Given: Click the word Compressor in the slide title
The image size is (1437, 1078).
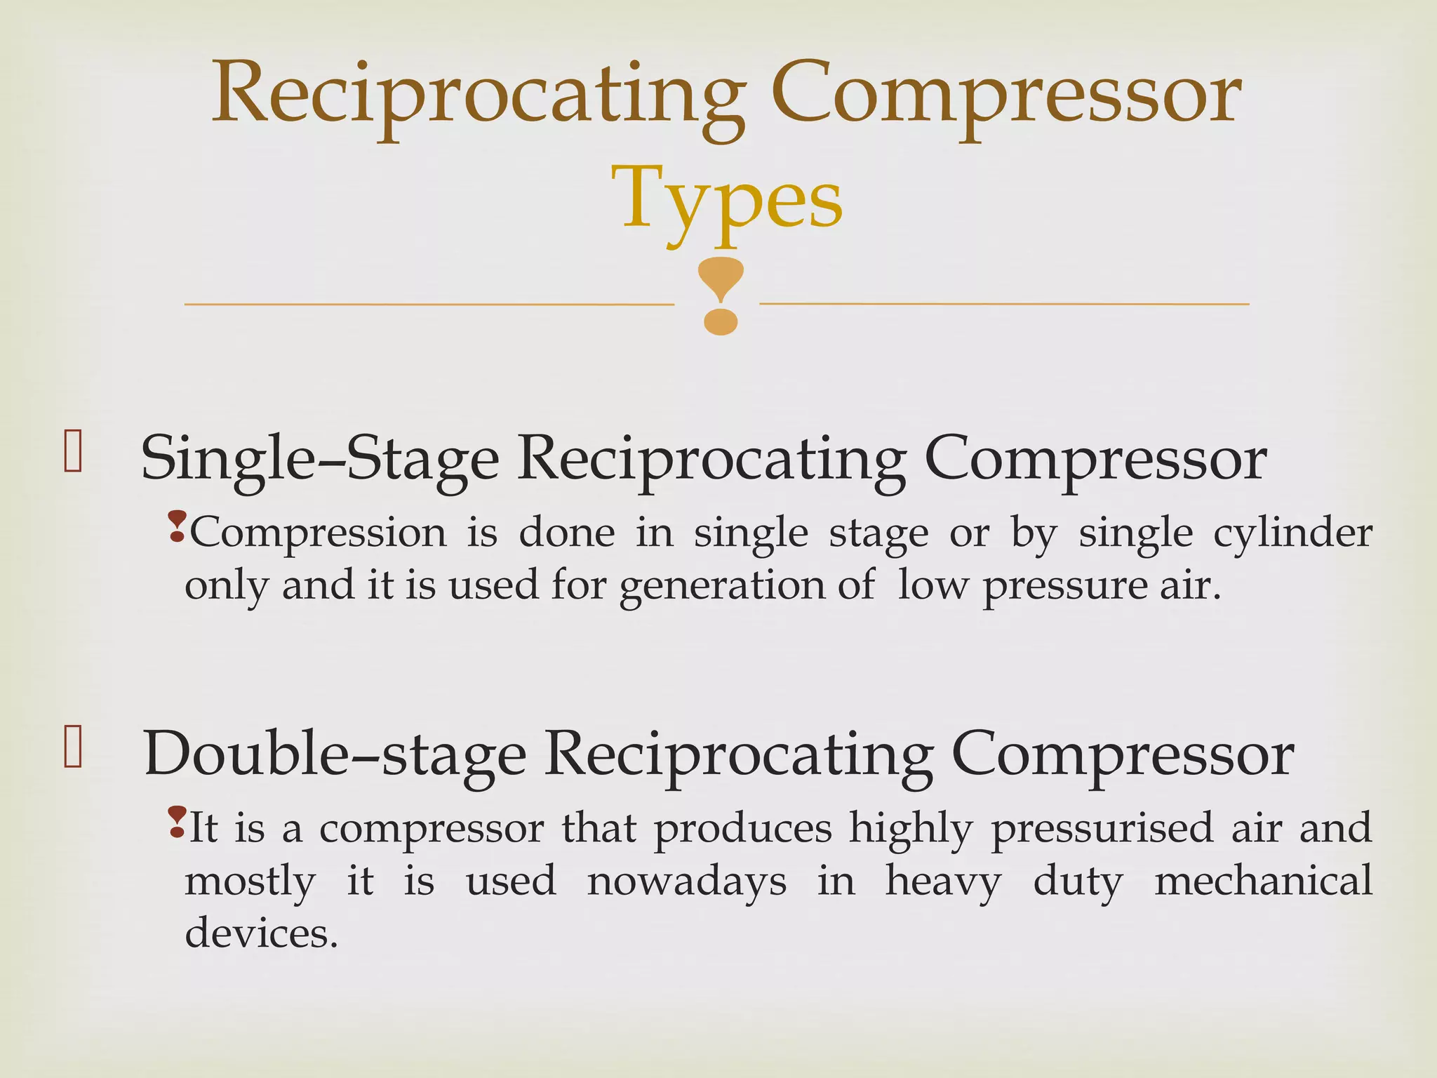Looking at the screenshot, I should (x=1005, y=95).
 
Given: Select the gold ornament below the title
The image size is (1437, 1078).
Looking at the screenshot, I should (x=721, y=295).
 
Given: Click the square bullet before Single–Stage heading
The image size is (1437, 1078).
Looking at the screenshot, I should (x=73, y=451).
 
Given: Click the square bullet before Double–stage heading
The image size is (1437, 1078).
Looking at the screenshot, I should (x=73, y=747).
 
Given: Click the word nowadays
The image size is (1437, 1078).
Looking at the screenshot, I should (x=686, y=881).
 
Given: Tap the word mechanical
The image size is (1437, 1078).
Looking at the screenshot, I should (x=1263, y=881).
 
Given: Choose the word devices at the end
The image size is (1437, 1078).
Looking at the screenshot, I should (x=261, y=934).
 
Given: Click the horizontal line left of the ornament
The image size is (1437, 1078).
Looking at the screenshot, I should (x=428, y=305).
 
